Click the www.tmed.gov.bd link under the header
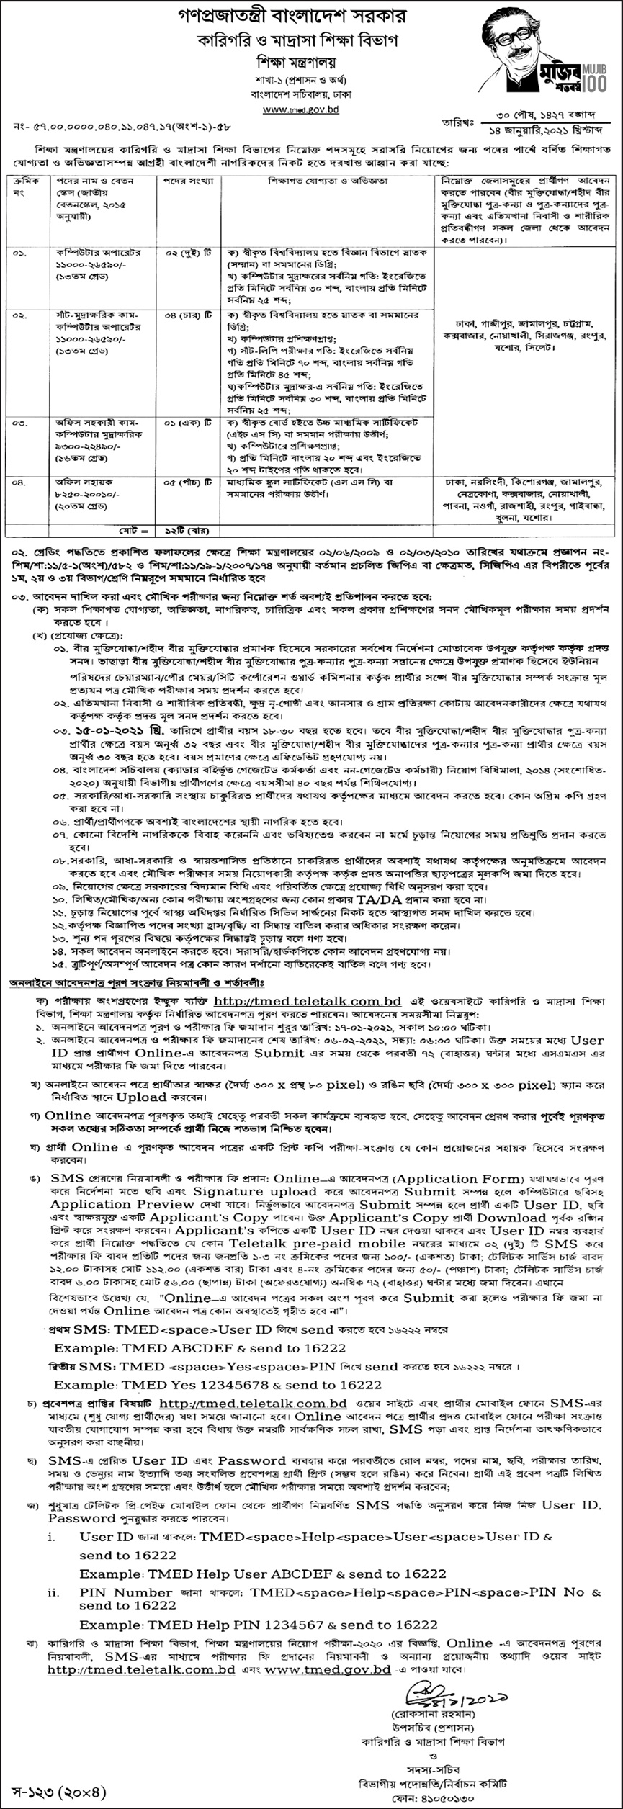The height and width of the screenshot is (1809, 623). [300, 109]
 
